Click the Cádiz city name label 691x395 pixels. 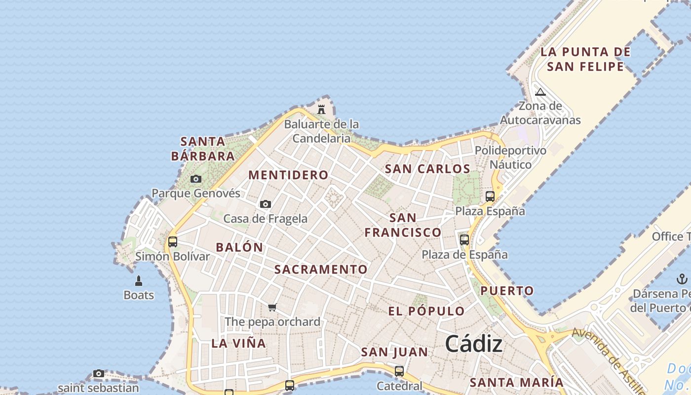tap(474, 344)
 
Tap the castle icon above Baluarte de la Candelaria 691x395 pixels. tap(321, 109)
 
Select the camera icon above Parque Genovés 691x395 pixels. tap(196, 179)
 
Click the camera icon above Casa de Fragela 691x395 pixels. tap(266, 204)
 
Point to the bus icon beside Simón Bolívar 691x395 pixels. tap(173, 242)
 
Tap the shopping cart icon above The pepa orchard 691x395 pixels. tap(272, 308)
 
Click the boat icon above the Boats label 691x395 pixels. tap(139, 281)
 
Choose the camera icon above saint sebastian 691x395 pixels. tap(99, 374)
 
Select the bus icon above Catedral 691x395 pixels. tap(399, 371)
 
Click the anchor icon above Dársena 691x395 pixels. tap(682, 279)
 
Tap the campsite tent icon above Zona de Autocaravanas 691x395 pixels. tap(540, 92)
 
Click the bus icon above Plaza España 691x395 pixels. tap(490, 197)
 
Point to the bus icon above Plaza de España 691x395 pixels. tap(464, 240)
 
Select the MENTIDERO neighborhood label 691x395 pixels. tap(288, 175)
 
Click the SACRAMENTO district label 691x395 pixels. tap(321, 270)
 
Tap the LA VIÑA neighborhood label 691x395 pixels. tap(239, 343)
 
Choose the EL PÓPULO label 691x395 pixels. tap(426, 311)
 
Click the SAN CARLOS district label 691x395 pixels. tap(427, 169)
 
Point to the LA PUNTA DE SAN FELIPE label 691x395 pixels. tap(585, 59)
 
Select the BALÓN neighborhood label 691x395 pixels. tap(239, 247)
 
